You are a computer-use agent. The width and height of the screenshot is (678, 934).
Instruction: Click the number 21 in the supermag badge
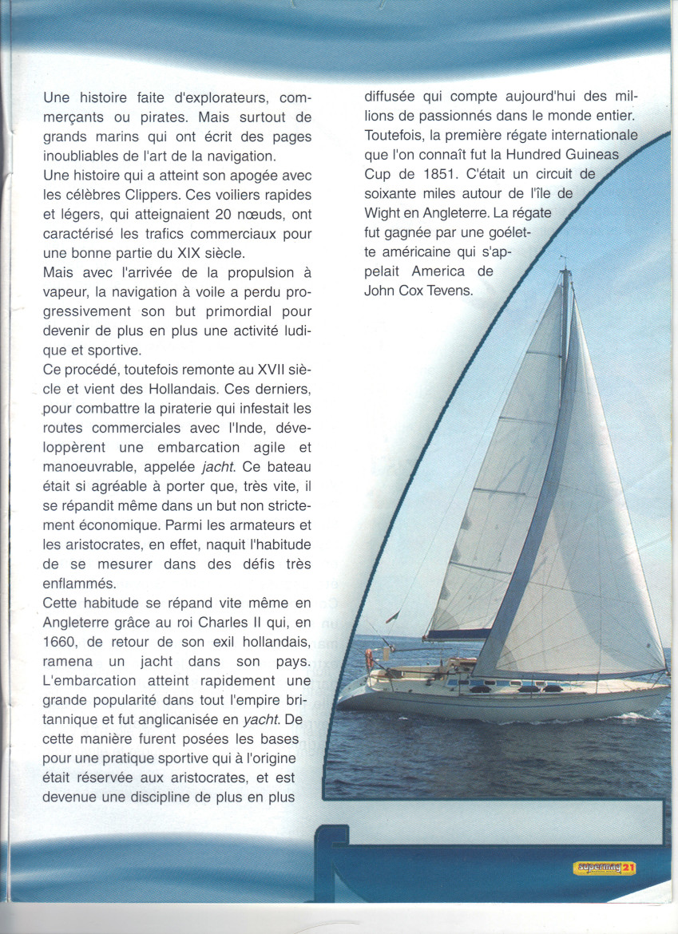629,868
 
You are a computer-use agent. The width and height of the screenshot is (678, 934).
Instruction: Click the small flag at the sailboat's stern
391,617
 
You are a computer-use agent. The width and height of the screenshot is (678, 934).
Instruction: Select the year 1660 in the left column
61,643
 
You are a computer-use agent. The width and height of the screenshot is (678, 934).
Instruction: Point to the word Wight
383,213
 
